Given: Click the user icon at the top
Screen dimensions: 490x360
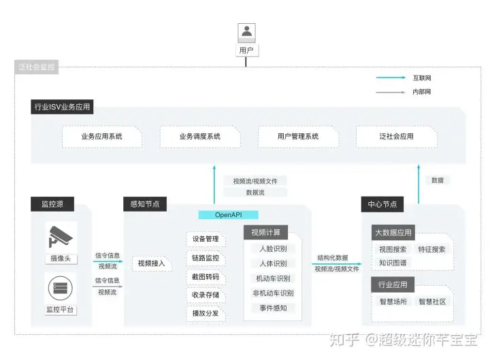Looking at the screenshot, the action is point(246,32).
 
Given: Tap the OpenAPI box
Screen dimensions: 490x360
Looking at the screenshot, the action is point(229,214).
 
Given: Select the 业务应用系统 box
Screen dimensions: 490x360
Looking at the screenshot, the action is point(102,137).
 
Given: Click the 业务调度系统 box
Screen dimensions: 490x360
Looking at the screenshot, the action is point(200,137).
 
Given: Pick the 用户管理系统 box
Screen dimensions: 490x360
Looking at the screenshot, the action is point(298,137).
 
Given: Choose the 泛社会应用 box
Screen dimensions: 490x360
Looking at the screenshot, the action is point(397,137).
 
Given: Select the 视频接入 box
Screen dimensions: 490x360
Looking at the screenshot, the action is point(151,263).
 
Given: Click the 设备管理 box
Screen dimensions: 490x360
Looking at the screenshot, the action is point(206,240).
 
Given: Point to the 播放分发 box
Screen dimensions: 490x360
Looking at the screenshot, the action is point(206,314).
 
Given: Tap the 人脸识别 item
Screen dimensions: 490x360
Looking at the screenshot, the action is point(273,248).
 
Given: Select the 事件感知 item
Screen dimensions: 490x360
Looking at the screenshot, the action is point(273,308).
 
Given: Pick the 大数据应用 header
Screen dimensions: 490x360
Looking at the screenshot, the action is point(393,233).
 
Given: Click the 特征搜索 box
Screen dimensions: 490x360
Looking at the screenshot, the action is point(431,249).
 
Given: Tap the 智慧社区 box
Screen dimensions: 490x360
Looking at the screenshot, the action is point(431,301).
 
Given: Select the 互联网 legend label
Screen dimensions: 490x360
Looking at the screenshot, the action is point(421,78).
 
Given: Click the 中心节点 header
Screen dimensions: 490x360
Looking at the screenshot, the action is point(382,204).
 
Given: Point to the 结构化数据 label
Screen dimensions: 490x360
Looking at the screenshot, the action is point(333,258).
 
